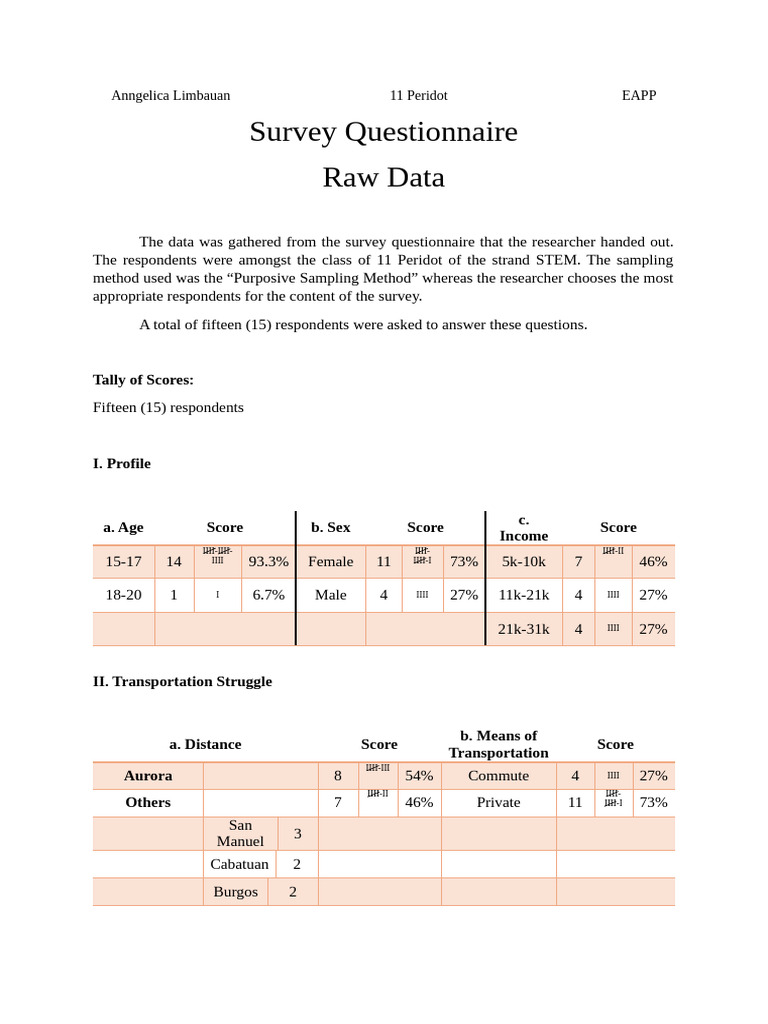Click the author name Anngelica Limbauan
(x=171, y=95)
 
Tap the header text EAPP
(x=639, y=95)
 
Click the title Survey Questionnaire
(x=384, y=131)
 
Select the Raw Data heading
(x=383, y=177)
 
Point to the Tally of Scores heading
(x=143, y=379)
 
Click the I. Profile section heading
(x=122, y=463)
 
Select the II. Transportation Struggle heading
(x=182, y=681)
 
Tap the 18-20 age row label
(x=123, y=594)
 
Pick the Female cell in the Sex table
(x=331, y=562)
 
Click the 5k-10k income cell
(x=524, y=562)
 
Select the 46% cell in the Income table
(x=652, y=562)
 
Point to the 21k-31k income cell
(x=524, y=629)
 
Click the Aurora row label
(x=148, y=775)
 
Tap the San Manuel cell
(x=240, y=833)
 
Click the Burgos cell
(x=236, y=892)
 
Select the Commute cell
(x=498, y=775)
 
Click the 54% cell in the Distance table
(x=419, y=775)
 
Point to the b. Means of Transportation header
(x=498, y=744)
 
